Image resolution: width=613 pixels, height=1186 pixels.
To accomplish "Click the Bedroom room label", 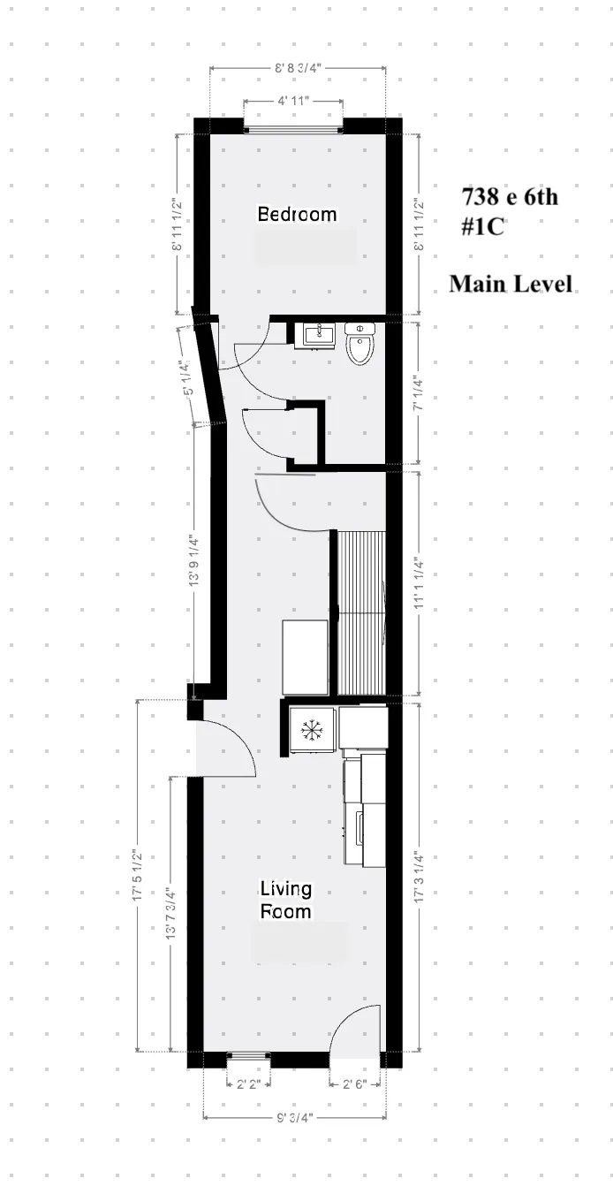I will click(297, 214).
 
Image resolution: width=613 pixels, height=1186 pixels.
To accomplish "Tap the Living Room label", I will click(285, 900).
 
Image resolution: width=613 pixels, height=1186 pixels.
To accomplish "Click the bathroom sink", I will click(317, 335).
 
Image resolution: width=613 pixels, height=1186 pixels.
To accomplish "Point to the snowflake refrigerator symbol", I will click(310, 730).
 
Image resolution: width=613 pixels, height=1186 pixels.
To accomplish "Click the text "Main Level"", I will click(510, 284).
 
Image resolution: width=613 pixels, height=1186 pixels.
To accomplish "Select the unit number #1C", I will click(481, 227).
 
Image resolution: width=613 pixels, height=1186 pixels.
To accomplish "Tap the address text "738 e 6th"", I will click(509, 196).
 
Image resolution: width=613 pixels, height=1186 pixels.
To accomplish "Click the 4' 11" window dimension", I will click(293, 102).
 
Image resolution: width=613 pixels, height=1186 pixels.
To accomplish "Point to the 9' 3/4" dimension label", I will click(293, 1118).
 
